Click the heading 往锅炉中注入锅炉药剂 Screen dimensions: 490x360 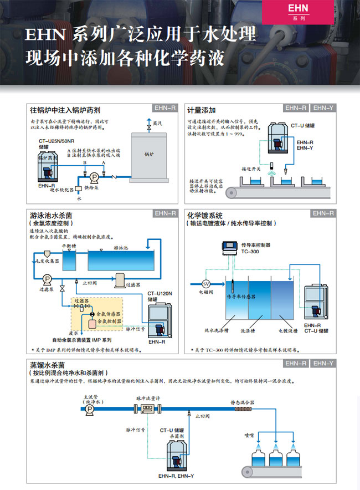tap(65, 110)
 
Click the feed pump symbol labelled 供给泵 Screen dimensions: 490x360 tap(95, 177)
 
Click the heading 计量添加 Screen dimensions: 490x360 tap(201, 110)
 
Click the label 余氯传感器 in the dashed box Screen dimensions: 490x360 tap(108, 313)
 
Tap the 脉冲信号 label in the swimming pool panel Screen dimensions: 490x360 tap(132, 329)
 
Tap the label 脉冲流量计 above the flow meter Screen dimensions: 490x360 tap(148, 397)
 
